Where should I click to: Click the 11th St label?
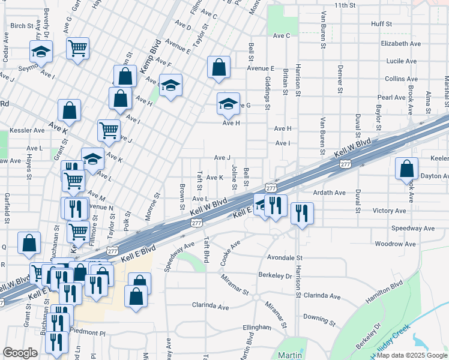point(345,5)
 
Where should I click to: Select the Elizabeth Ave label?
point(400,44)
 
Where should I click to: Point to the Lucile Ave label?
point(402,61)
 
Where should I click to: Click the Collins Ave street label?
point(401,79)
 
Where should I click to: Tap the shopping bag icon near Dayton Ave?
point(406,169)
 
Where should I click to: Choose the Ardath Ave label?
point(330,193)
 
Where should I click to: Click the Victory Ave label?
point(390,211)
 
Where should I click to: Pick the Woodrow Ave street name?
point(395,244)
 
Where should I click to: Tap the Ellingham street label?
point(258,327)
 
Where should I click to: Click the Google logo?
point(20,353)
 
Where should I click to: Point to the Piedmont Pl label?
point(87,332)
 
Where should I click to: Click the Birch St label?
point(22,26)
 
